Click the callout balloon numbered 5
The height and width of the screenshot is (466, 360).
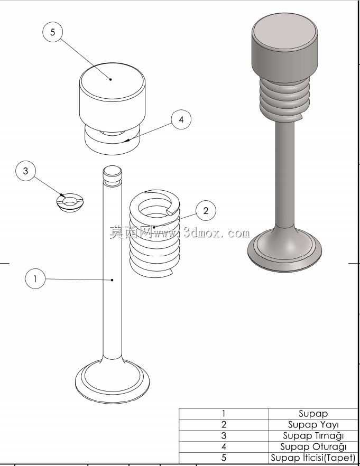pyautogui.click(x=53, y=32)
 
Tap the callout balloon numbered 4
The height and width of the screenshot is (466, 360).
pyautogui.click(x=181, y=119)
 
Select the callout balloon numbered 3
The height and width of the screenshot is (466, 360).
pyautogui.click(x=25, y=171)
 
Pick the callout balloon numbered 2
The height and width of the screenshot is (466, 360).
pyautogui.click(x=206, y=211)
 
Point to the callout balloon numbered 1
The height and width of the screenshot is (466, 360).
pyautogui.click(x=35, y=279)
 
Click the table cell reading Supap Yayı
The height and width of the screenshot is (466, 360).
pyautogui.click(x=313, y=424)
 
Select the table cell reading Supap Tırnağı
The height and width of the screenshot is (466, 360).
pyautogui.click(x=313, y=436)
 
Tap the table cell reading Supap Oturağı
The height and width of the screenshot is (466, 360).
pyautogui.click(x=313, y=446)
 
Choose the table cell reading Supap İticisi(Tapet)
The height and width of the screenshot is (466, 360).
pyautogui.click(x=313, y=458)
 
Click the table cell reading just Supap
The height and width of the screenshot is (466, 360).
pyautogui.click(x=313, y=414)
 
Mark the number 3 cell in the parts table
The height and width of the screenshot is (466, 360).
pyautogui.click(x=224, y=436)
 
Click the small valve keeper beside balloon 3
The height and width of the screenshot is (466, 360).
pyautogui.click(x=70, y=202)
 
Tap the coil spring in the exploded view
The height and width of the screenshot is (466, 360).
pyautogui.click(x=154, y=234)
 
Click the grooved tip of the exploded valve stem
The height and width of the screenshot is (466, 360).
pyautogui.click(x=112, y=175)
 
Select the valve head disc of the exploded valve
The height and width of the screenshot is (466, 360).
pyautogui.click(x=113, y=381)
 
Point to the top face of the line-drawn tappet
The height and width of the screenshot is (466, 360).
pyautogui.click(x=112, y=82)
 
